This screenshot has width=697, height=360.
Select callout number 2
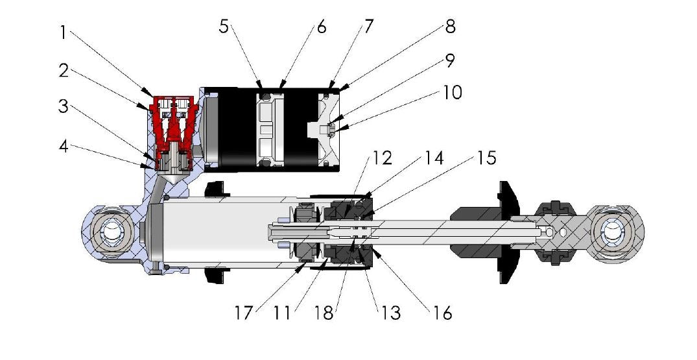(x=64, y=70)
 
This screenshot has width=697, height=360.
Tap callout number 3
(x=64, y=106)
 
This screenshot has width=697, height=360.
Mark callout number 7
(x=368, y=28)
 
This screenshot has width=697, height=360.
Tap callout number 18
(x=324, y=312)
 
